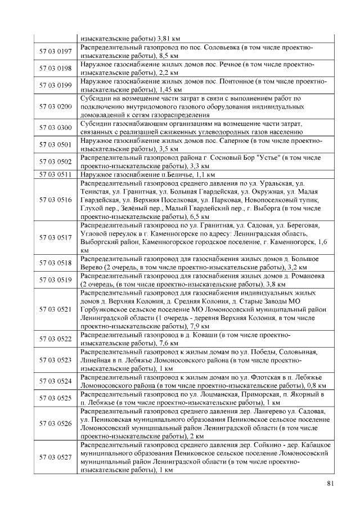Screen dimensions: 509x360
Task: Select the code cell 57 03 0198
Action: click(x=55, y=68)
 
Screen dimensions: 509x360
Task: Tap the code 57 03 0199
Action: click(x=55, y=85)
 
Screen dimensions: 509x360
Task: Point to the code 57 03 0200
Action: click(x=55, y=106)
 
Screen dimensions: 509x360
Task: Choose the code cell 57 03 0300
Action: click(x=55, y=127)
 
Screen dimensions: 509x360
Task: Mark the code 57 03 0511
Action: click(x=55, y=174)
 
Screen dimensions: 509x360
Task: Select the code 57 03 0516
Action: click(x=55, y=200)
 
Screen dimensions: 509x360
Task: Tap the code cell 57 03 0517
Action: click(x=55, y=237)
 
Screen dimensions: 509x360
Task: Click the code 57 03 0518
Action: click(x=55, y=263)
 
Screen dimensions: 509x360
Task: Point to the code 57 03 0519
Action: click(x=55, y=280)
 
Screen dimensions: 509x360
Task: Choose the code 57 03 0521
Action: click(x=55, y=309)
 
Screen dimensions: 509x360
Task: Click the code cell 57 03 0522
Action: click(x=55, y=339)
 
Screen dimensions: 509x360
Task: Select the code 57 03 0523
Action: click(x=55, y=359)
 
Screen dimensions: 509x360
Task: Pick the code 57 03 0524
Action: click(x=55, y=381)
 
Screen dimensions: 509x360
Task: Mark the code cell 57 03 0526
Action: click(x=55, y=423)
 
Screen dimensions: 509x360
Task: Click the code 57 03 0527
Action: click(x=55, y=457)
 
